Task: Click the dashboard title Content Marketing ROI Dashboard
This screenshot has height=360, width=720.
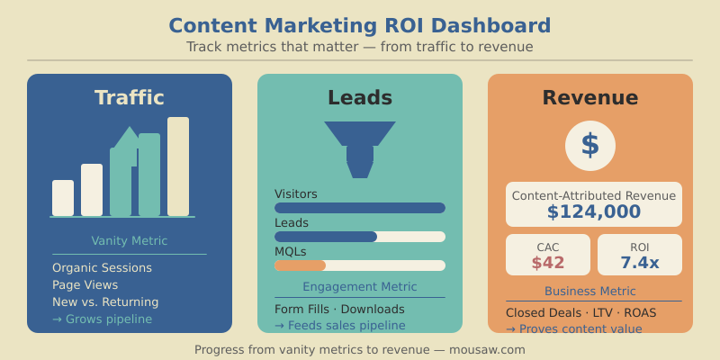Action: pyautogui.click(x=360, y=25)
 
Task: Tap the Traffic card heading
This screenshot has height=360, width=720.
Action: pyautogui.click(x=130, y=97)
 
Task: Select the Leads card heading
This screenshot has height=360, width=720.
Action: pyautogui.click(x=360, y=97)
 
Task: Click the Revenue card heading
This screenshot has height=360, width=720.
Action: pyautogui.click(x=590, y=97)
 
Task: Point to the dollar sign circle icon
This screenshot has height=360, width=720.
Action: pyautogui.click(x=590, y=145)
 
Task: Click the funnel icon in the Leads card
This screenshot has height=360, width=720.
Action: pyautogui.click(x=360, y=148)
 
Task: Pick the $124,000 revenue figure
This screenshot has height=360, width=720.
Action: pyautogui.click(x=594, y=211)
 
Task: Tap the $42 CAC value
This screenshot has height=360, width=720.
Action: pyautogui.click(x=548, y=263)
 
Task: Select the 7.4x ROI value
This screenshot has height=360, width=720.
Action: pyautogui.click(x=640, y=263)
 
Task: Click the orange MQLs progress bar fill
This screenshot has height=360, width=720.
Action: pyautogui.click(x=301, y=265)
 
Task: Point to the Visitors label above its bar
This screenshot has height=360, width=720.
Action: pyautogui.click(x=296, y=193)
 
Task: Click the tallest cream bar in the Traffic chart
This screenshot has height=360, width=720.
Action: pyautogui.click(x=178, y=166)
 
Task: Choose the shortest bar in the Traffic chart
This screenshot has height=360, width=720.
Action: pyautogui.click(x=63, y=198)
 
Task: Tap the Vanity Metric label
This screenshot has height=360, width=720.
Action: pyautogui.click(x=130, y=241)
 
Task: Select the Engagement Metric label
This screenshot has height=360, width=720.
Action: pyautogui.click(x=360, y=287)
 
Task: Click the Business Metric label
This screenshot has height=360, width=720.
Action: pyautogui.click(x=590, y=292)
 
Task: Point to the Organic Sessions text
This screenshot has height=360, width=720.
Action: pyautogui.click(x=102, y=268)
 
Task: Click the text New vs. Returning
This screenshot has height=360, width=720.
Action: pyautogui.click(x=105, y=302)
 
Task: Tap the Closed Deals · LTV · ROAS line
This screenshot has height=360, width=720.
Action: pyautogui.click(x=580, y=312)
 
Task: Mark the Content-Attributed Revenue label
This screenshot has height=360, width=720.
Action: pyautogui.click(x=594, y=195)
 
